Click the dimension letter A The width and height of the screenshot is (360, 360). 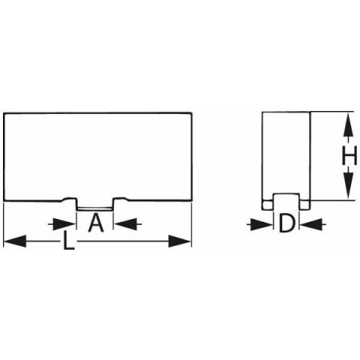[x=96, y=223]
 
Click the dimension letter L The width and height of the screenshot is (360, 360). [x=68, y=240]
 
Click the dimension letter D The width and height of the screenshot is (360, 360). [x=286, y=223]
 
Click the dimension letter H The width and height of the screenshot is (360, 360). [x=349, y=155]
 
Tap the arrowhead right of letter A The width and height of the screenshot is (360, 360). [x=125, y=224]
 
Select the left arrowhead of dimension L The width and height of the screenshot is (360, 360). [x=15, y=241]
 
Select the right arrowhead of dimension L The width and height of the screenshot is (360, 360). [x=180, y=241]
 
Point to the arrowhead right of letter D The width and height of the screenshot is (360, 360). [x=311, y=224]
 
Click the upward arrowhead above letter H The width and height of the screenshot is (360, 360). [x=349, y=124]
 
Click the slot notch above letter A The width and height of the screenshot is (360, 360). [x=94, y=205]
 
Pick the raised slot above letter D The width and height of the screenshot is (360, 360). [x=286, y=202]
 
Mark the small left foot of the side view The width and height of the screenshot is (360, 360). [x=267, y=205]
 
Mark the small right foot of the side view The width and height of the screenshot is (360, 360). [x=305, y=205]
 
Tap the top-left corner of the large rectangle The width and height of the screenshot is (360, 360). [x=4, y=113]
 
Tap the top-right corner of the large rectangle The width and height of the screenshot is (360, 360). [x=191, y=113]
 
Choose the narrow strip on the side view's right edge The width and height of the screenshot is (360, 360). [x=310, y=160]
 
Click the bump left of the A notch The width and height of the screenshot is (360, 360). [x=68, y=199]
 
